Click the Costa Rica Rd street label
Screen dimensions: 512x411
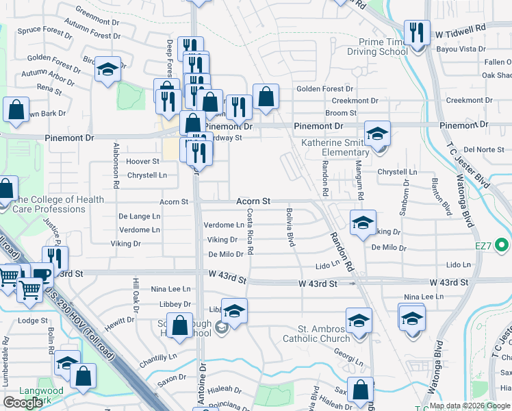[x=251, y=232]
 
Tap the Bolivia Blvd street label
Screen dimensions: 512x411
[x=290, y=227]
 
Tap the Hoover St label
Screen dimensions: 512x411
[x=142, y=162]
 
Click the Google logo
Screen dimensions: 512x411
[x=23, y=403]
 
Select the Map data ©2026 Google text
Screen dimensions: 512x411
[x=470, y=406]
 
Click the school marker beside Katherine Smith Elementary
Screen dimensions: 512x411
[x=376, y=135]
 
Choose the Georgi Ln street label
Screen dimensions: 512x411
[x=349, y=361]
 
